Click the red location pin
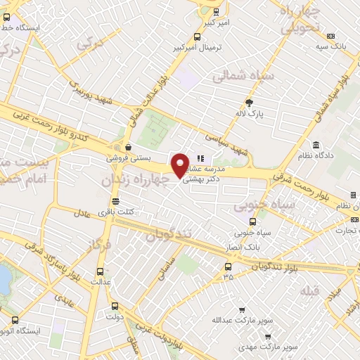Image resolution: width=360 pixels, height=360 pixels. coord(181,165)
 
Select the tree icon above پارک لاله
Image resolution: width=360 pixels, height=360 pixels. coord(248,103)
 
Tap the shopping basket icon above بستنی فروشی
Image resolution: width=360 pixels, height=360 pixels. coord(129,148)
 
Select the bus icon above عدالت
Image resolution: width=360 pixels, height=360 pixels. coord(99,270)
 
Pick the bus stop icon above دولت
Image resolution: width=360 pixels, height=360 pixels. coord(115,306)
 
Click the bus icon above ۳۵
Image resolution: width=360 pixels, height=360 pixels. coord(228,266)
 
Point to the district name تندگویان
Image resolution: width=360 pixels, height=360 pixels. coord(171,234)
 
